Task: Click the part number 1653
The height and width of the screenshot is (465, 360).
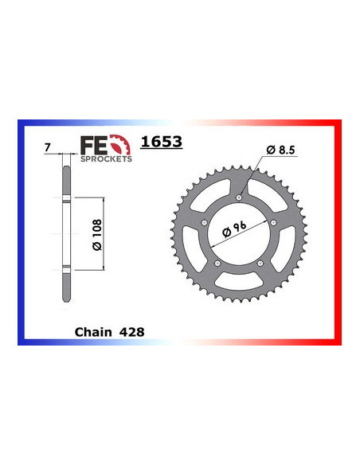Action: click(x=162, y=143)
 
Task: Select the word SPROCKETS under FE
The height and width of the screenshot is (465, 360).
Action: click(x=106, y=158)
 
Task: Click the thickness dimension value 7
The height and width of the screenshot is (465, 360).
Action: click(x=49, y=148)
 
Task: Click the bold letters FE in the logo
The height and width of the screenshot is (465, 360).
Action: click(x=95, y=144)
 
